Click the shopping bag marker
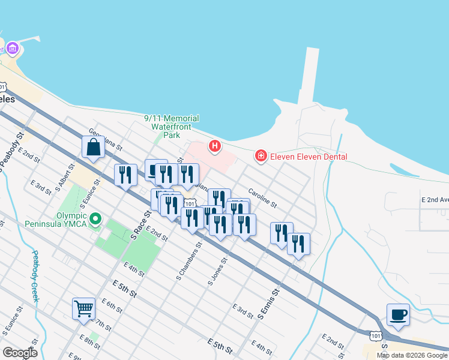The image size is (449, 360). (x=94, y=147)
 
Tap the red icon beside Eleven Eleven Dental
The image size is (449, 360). (x=261, y=157)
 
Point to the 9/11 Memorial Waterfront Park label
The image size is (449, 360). (x=172, y=127)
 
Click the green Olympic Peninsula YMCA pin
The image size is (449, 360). (x=95, y=220)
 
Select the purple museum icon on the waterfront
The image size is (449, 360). (x=12, y=48)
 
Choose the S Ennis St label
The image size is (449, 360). (x=268, y=304)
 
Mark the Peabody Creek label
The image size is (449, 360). (x=35, y=276)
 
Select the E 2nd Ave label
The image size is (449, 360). (x=435, y=199)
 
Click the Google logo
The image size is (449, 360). (x=20, y=352)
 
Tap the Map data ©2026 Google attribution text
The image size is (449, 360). (x=411, y=355)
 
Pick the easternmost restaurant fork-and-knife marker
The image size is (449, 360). (x=298, y=244)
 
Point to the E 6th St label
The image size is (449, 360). (x=112, y=307)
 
